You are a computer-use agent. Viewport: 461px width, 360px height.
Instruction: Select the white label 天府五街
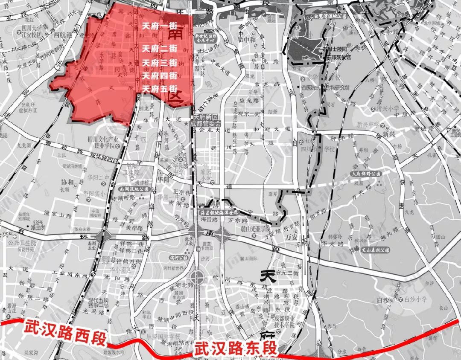tap(159, 89)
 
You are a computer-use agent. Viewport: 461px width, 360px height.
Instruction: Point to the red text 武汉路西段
tap(64, 329)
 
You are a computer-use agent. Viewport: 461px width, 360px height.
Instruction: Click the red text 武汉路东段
tap(235, 349)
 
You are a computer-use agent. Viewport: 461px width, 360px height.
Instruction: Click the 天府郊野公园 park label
tap(365, 174)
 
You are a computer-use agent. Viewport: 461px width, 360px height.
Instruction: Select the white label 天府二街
tap(159, 47)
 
